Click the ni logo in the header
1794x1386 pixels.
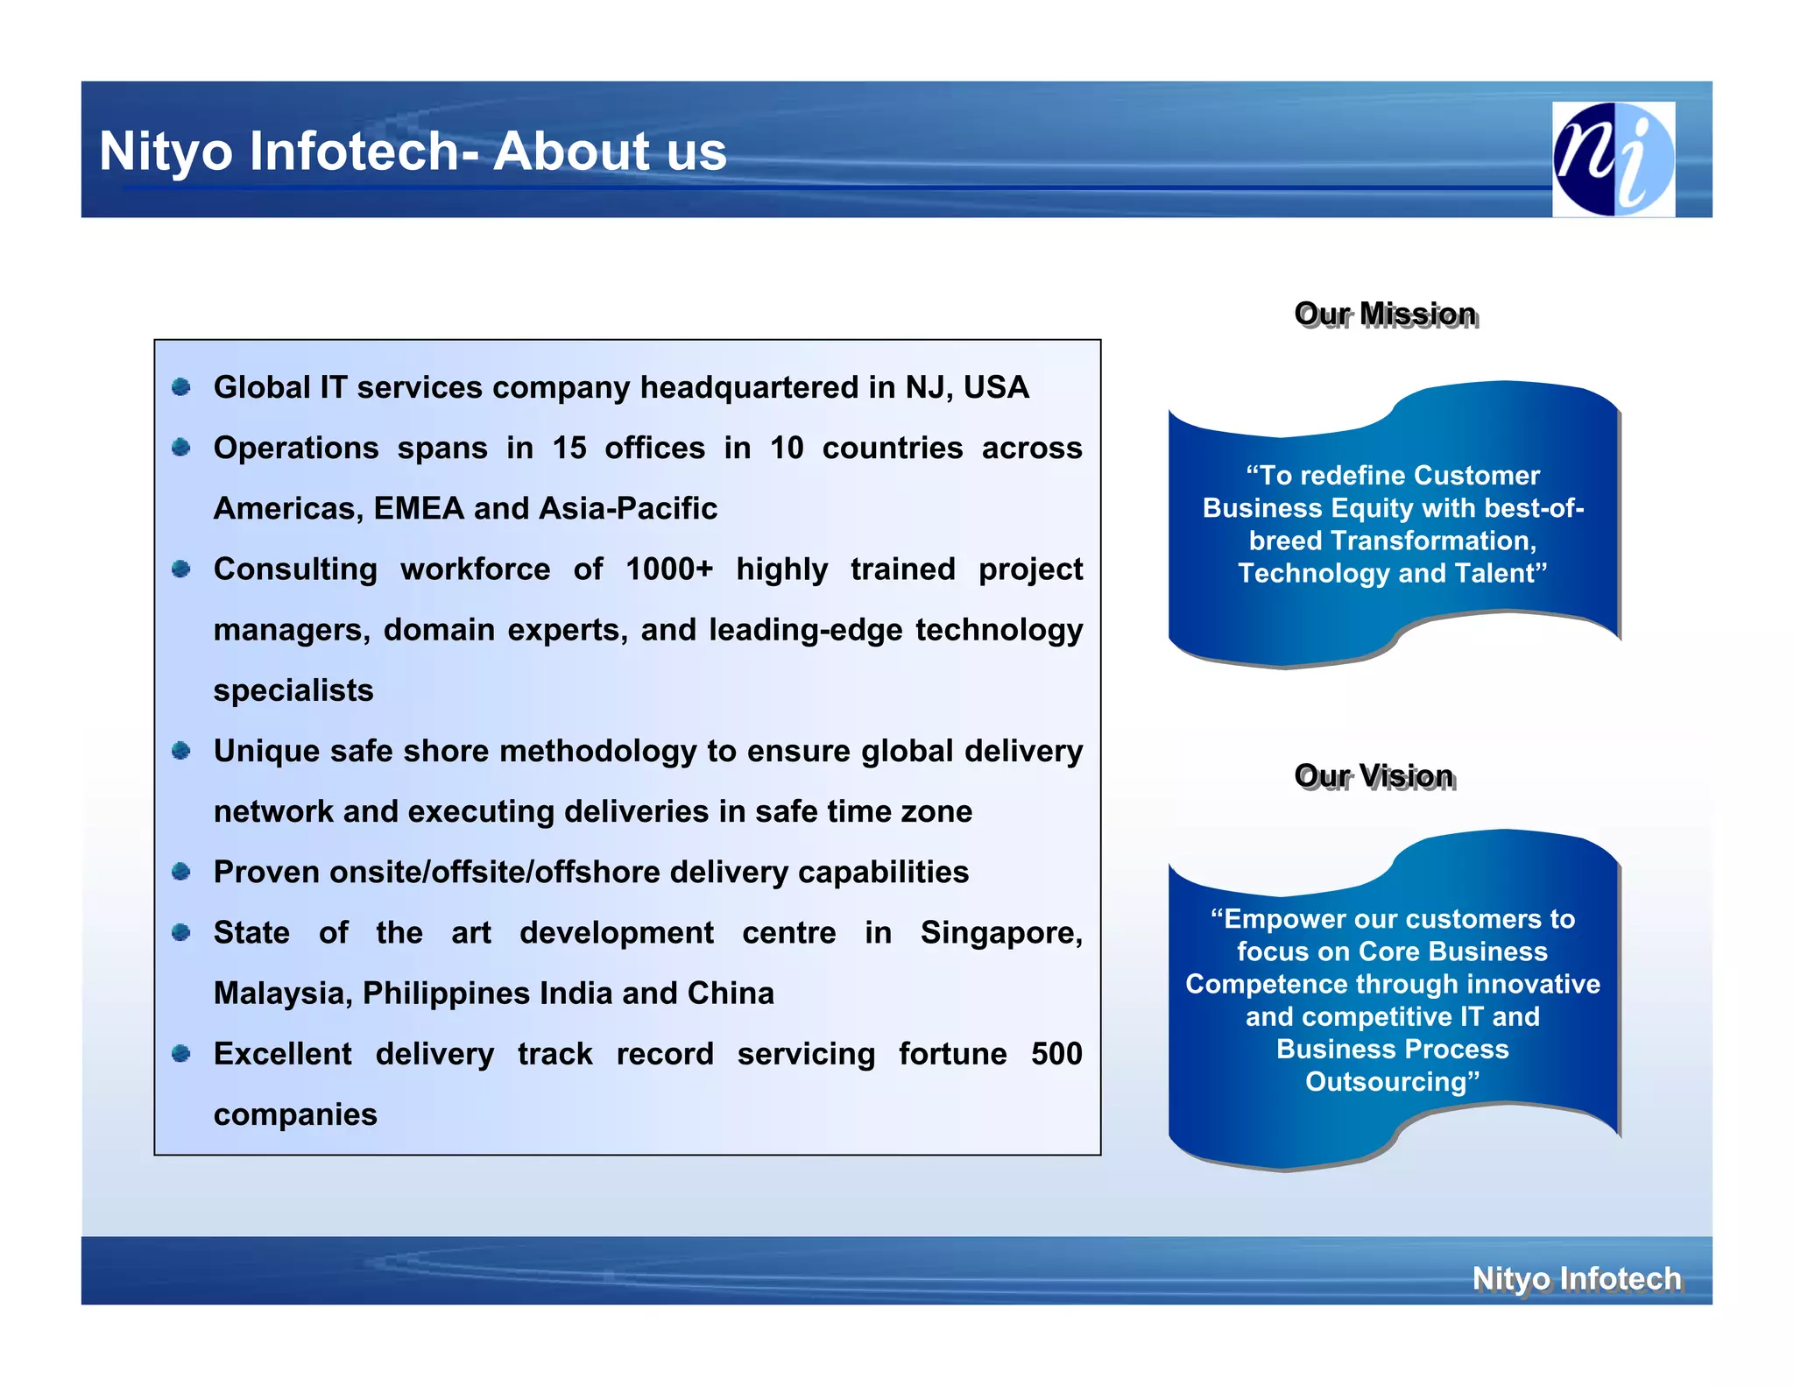pos(1613,159)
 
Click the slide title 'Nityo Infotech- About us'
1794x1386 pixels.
pos(413,151)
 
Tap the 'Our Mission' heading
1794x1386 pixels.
pos(1385,314)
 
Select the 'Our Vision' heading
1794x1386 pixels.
pos(1374,775)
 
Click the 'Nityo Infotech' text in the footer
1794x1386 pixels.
pos(1576,1278)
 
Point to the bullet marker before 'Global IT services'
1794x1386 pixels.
pos(181,387)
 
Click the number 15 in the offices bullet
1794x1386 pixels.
pos(569,448)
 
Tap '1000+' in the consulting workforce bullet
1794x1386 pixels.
pos(669,569)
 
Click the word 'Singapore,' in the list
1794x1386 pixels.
pos(1001,932)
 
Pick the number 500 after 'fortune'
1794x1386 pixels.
pos(1056,1053)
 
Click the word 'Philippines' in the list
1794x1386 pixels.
pos(446,993)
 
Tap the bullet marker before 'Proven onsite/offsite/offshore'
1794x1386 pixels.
pos(181,872)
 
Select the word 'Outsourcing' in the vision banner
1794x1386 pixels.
pos(1388,1081)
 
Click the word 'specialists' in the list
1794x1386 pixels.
pos(293,690)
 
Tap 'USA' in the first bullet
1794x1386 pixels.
pos(996,387)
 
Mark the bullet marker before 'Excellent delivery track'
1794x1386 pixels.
pos(181,1053)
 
